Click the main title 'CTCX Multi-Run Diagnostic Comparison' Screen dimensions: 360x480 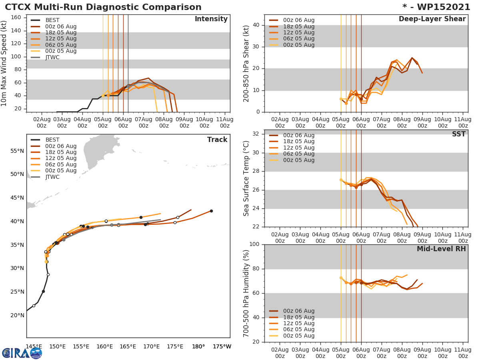pos(103,7)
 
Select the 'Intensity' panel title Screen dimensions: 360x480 pos(211,19)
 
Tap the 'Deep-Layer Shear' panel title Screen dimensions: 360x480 pos(432,19)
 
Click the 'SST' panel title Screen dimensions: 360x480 pos(458,134)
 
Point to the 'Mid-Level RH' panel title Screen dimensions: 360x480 pos(441,249)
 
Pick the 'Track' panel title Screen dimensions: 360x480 pos(217,140)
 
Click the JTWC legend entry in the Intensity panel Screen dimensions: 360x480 pos(52,57)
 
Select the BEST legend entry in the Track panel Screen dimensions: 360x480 pos(52,140)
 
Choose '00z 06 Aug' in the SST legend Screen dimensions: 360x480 pos(298,135)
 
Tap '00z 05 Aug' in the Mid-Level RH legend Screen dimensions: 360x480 pos(298,336)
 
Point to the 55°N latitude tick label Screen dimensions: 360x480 pos(17,151)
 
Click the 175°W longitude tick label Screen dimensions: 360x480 pos(222,346)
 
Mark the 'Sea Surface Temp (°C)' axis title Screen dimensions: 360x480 pos(246,178)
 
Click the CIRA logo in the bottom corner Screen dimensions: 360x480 pos(22,352)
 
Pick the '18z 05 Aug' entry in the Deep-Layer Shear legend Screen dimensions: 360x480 pos(298,26)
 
